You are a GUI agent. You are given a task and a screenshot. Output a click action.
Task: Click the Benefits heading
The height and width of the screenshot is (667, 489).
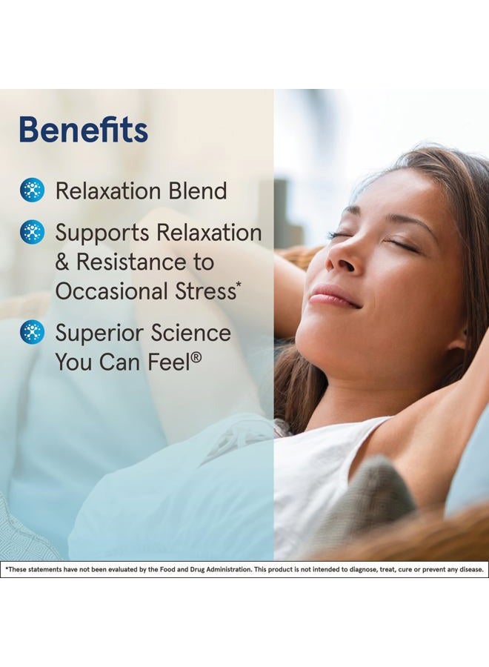coord(83,130)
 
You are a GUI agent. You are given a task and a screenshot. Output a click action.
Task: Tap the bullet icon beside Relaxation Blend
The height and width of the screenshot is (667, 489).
coord(32,190)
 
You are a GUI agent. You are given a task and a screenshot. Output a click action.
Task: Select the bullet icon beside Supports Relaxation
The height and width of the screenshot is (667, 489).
coord(32,233)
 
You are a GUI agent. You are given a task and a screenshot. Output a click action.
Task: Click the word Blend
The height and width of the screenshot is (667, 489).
coord(197,190)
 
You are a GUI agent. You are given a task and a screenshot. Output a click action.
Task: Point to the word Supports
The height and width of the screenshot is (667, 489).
coord(102,233)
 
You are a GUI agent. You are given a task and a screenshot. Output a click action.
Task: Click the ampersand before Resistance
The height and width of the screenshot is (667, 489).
coord(62,262)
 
